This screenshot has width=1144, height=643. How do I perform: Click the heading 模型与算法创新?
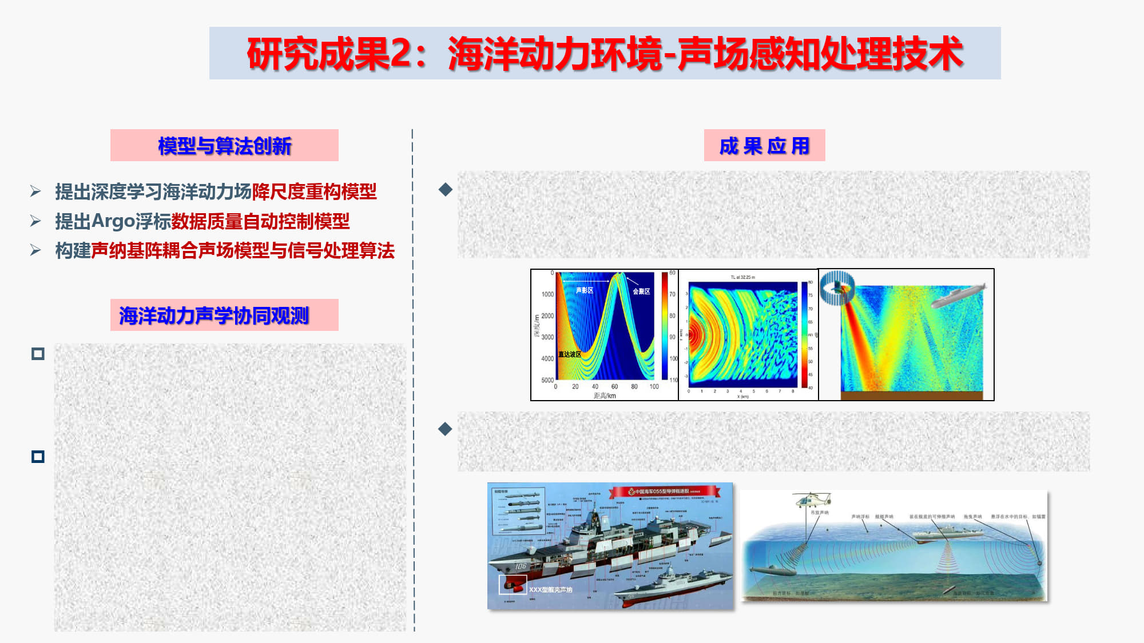pos(224,146)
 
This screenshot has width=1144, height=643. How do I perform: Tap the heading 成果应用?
pos(764,146)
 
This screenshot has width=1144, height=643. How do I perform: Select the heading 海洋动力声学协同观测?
pos(214,315)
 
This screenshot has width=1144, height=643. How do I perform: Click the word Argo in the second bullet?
pos(113,221)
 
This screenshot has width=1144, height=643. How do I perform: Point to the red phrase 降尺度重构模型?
pos(314,191)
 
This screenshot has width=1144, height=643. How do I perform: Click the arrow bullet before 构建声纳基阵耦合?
pos(35,250)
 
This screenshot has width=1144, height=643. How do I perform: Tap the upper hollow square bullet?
pos(38,354)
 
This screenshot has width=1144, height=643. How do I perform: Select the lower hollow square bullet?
pos(38,456)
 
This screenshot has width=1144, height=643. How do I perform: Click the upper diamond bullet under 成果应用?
pos(445,189)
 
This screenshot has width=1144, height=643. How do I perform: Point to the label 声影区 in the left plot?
pos(584,290)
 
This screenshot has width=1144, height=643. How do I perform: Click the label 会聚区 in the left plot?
pos(641,291)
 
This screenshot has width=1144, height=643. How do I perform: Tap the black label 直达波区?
pos(570,354)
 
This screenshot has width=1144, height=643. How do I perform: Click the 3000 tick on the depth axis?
pos(547,337)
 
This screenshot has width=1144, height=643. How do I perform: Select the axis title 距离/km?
pos(605,396)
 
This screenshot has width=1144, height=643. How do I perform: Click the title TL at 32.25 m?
pos(742,277)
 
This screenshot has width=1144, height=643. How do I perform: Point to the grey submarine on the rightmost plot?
pos(956,295)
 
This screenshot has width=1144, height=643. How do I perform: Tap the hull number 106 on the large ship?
pos(521,566)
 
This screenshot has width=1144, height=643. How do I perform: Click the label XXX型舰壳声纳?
pos(550,589)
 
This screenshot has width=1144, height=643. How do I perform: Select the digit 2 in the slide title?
pos(400,54)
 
